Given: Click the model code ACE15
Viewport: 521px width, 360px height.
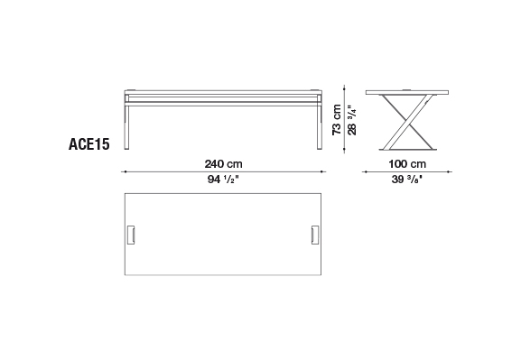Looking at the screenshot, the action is click(89, 144).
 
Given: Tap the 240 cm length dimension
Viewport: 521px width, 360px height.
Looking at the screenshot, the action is click(223, 164).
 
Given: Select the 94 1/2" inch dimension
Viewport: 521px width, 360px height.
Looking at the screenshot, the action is click(223, 180).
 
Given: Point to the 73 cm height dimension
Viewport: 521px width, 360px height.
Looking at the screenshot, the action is click(337, 120).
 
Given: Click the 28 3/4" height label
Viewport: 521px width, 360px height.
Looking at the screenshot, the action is click(351, 120).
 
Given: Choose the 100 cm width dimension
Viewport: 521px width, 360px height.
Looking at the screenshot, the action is click(407, 164).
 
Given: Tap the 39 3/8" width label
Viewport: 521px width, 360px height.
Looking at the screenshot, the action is click(406, 180).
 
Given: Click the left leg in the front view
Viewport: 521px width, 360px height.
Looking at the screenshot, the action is click(126, 126).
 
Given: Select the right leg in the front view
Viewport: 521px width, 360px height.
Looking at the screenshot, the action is click(320, 126).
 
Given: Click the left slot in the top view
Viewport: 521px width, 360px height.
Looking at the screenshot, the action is click(131, 235).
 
